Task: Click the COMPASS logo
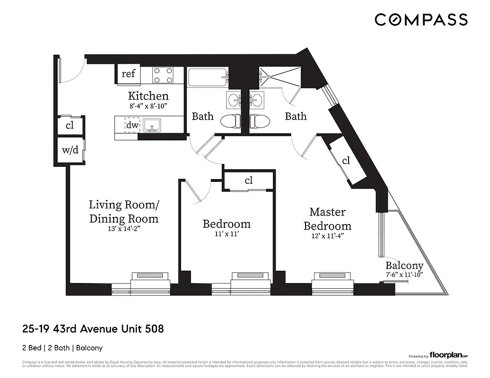tap(421, 20)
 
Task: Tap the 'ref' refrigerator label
tap(128, 74)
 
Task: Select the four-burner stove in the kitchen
tap(163, 75)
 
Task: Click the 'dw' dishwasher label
tap(132, 125)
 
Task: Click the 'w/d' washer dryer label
tap(70, 151)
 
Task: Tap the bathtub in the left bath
tap(207, 77)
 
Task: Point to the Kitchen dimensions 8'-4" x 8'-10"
tap(149, 106)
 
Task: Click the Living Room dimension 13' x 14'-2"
tap(124, 228)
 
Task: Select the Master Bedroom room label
tap(327, 219)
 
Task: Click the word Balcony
tap(403, 265)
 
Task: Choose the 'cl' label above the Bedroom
tap(249, 180)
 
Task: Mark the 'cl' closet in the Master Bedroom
tap(346, 161)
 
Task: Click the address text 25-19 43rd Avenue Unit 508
tap(93, 328)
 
